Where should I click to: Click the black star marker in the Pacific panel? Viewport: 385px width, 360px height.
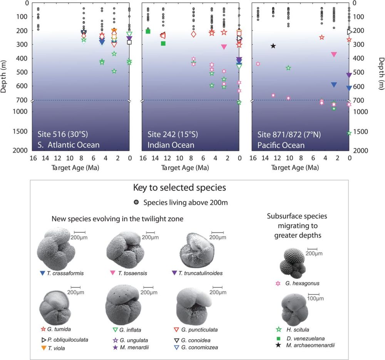[x=273, y=46]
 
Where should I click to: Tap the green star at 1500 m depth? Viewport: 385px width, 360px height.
[x=349, y=133]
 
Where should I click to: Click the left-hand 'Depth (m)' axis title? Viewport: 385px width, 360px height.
[x=3, y=76]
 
